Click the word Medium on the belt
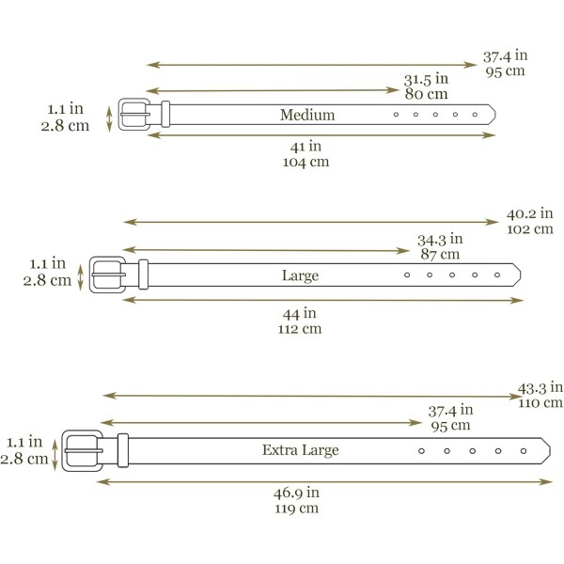(307, 115)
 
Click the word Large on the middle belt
(301, 275)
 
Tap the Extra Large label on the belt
(301, 450)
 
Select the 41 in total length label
(305, 146)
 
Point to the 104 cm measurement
(305, 162)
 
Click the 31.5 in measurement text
(426, 79)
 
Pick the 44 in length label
(299, 313)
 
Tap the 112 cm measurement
(299, 329)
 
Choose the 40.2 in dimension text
(529, 213)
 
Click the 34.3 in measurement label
(440, 239)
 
